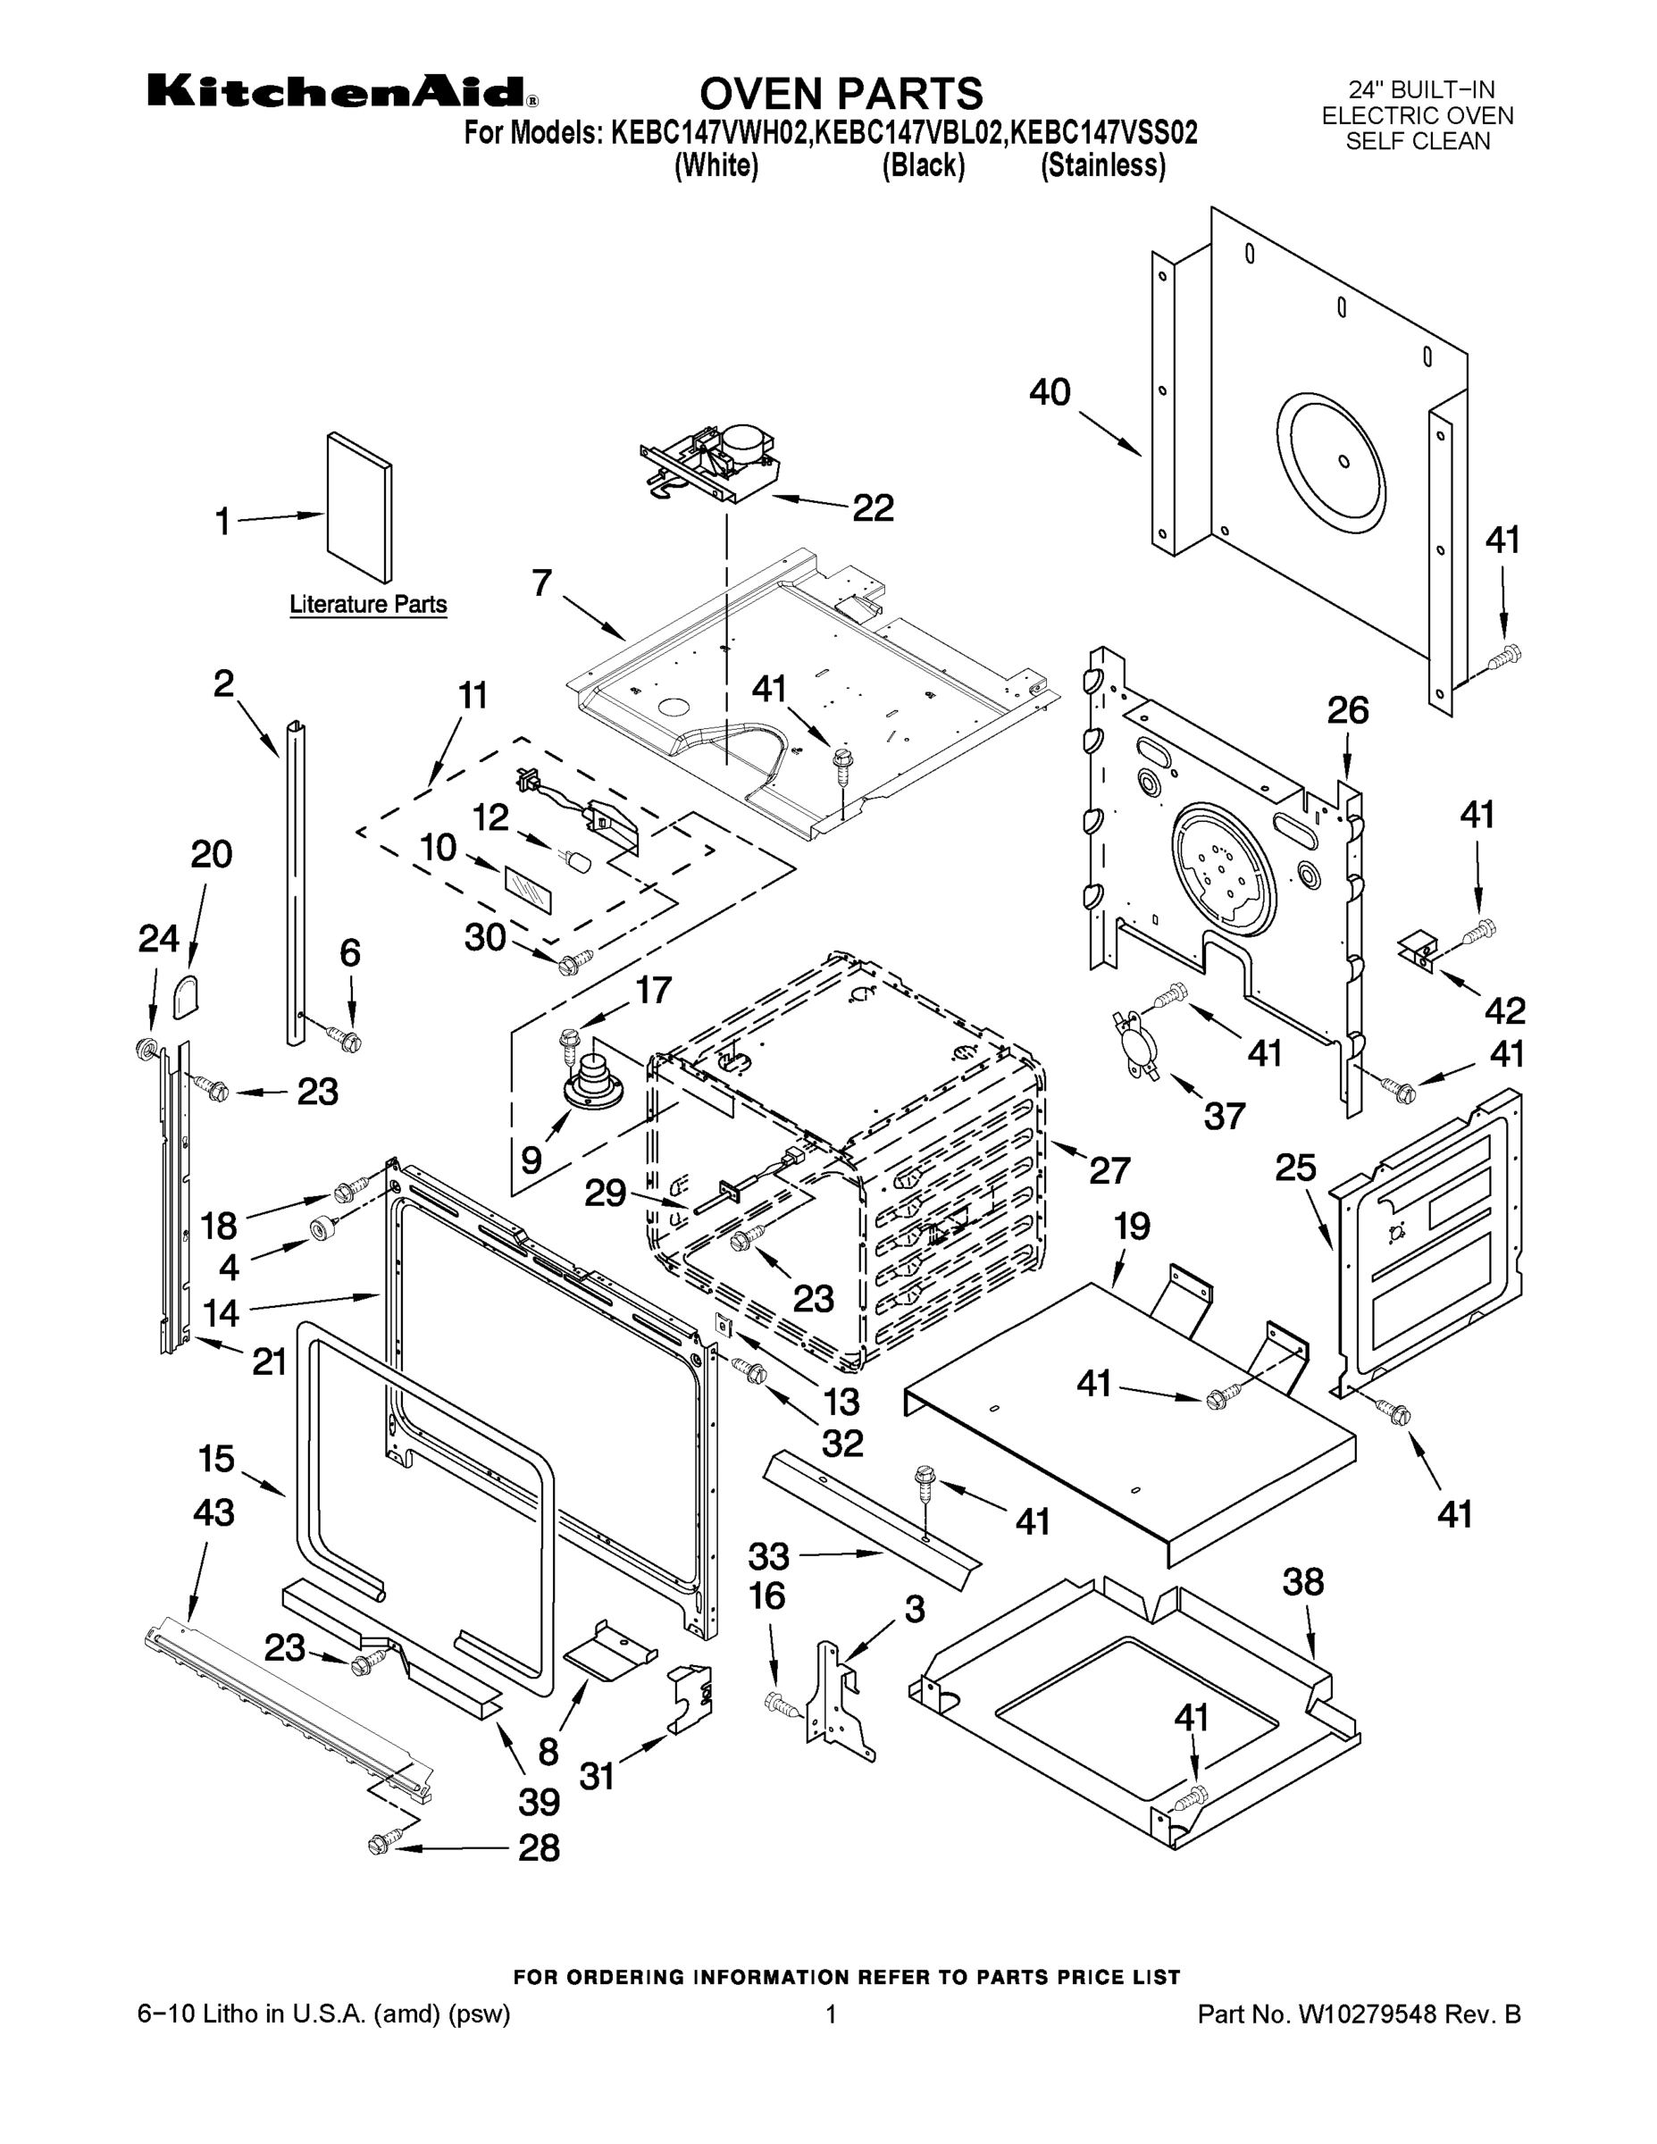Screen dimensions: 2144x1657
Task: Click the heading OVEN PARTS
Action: click(x=841, y=93)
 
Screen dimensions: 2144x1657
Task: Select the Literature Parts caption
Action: click(x=368, y=605)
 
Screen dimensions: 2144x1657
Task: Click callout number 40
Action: click(x=1050, y=393)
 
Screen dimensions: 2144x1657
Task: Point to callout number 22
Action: click(x=873, y=508)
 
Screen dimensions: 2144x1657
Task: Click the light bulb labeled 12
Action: click(x=578, y=862)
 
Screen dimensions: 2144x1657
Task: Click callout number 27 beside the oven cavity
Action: click(x=1109, y=1170)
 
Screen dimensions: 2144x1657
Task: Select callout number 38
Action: click(x=1302, y=1582)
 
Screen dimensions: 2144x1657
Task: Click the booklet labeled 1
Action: click(x=359, y=507)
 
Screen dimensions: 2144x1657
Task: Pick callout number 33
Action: click(x=768, y=1556)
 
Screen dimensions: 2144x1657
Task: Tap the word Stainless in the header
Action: click(x=1102, y=166)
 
